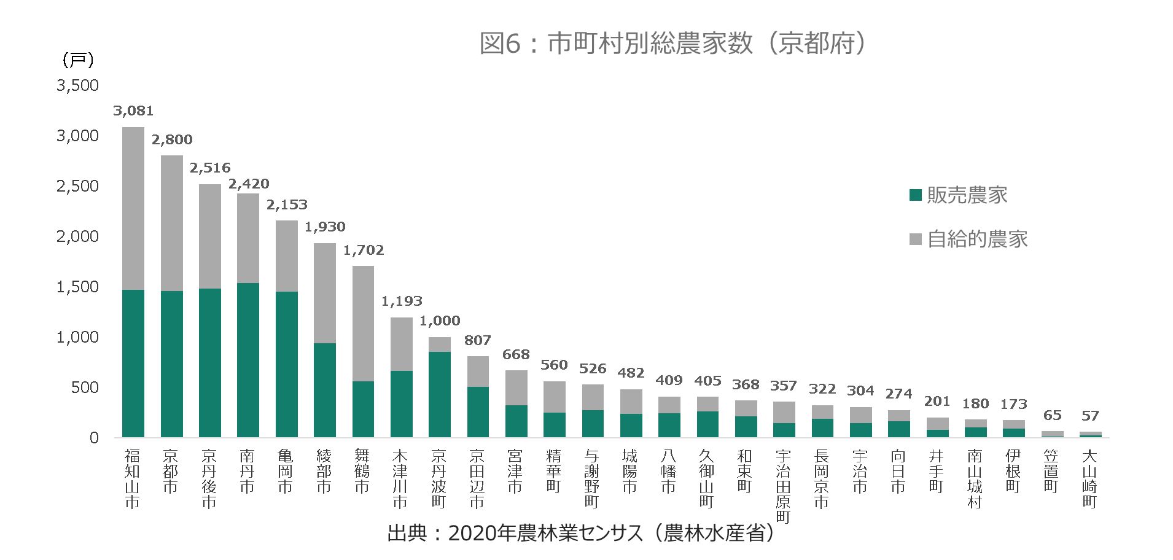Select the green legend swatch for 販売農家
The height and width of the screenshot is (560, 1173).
tap(915, 195)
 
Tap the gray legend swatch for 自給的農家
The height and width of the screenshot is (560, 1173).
tap(915, 239)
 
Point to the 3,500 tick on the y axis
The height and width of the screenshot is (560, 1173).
tap(77, 85)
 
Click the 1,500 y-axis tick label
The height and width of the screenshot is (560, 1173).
tap(77, 287)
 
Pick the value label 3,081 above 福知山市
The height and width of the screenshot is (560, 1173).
tap(133, 111)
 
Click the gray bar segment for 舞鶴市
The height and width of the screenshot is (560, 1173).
tap(363, 324)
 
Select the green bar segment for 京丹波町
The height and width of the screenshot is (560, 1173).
tap(440, 394)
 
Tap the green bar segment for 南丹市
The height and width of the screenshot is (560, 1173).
tap(248, 360)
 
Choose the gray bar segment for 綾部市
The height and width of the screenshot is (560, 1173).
tap(325, 293)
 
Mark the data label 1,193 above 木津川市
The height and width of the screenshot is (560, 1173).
tap(402, 301)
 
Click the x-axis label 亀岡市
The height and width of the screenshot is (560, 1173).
tap(286, 472)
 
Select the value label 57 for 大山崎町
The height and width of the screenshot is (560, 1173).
tap(1090, 416)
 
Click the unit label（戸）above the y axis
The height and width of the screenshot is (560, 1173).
tap(78, 60)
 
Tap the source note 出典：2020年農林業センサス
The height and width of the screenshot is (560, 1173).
tap(580, 533)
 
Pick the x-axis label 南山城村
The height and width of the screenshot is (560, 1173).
tap(975, 479)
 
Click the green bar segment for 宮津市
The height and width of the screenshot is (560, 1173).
tap(516, 421)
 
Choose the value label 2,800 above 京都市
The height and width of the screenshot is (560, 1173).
tap(172, 140)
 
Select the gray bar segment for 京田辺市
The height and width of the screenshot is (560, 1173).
tap(478, 371)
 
